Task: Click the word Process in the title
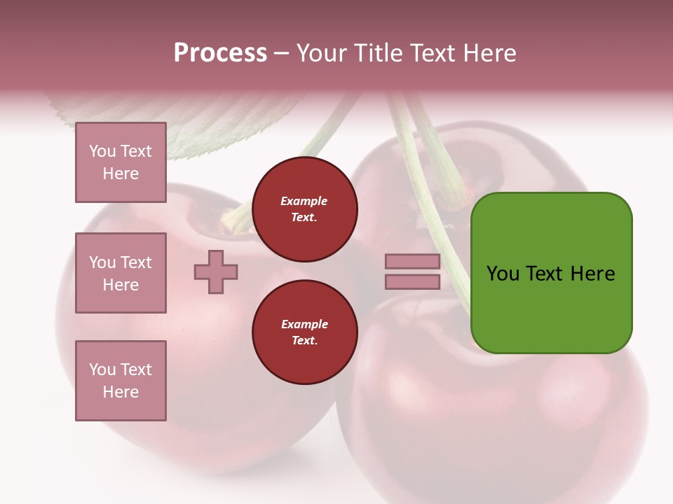220,53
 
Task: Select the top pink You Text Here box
121,162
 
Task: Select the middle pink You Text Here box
121,273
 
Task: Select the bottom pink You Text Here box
121,381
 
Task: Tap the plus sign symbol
216,272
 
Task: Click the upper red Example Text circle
304,209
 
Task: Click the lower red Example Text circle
304,332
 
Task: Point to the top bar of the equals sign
412,262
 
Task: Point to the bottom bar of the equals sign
412,282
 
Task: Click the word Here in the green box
592,274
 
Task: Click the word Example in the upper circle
304,202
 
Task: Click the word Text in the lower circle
304,341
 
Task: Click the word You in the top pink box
102,151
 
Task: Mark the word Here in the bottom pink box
121,392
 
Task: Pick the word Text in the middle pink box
136,262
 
